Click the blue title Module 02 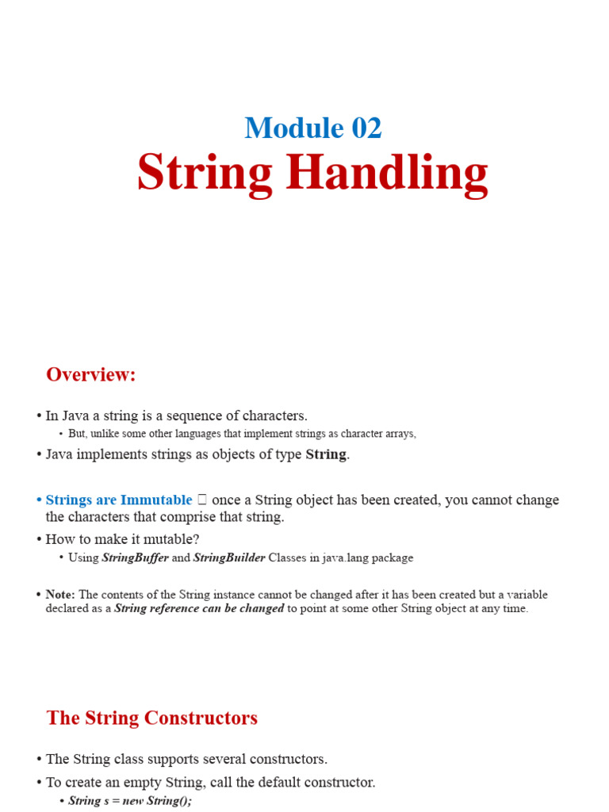coord(313,128)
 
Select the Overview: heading coord(91,374)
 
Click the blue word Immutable coord(156,500)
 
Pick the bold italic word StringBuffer coord(135,557)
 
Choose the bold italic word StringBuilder coord(229,557)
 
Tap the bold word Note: coord(60,594)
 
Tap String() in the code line coord(170,801)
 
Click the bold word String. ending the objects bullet coord(327,454)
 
